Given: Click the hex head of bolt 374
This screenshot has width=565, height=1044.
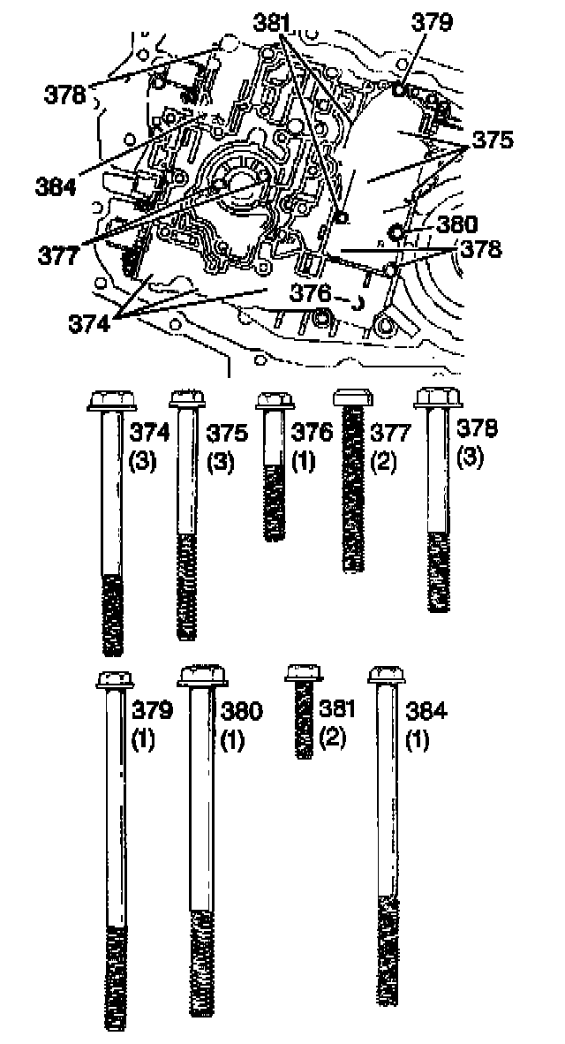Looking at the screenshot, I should click(x=111, y=402).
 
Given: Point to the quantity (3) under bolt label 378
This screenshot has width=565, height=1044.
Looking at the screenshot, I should click(x=470, y=459).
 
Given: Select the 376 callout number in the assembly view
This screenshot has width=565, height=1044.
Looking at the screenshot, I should click(x=313, y=291).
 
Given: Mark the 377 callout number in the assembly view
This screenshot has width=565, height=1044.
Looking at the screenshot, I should click(x=58, y=255).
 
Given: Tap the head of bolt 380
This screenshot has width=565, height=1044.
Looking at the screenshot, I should click(x=202, y=676).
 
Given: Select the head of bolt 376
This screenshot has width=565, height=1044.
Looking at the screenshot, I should click(x=274, y=402).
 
